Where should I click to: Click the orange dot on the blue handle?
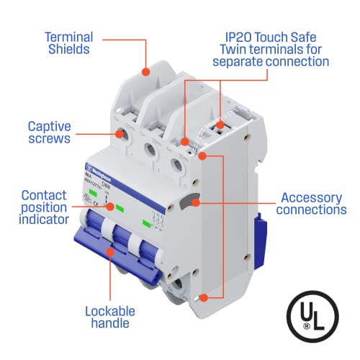110,251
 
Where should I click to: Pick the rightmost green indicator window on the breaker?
149,223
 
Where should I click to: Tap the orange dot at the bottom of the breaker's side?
204,296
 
